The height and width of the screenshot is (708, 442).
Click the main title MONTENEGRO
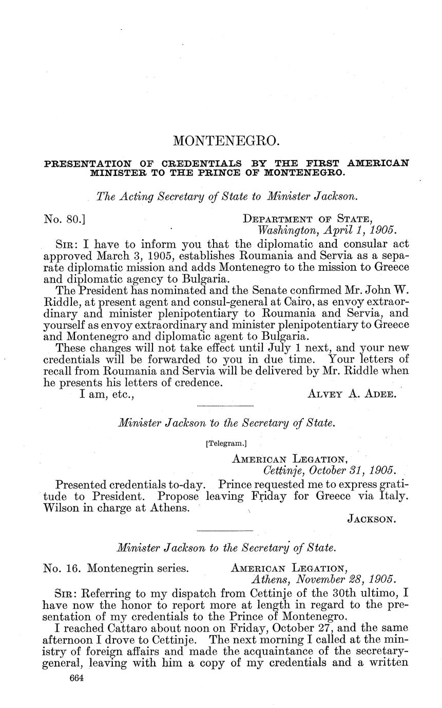pyautogui.click(x=226, y=141)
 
